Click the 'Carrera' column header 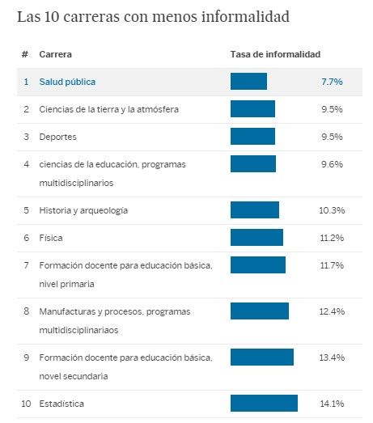[x=55, y=54]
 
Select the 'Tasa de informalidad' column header [x=275, y=54]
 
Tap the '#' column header [x=25, y=54]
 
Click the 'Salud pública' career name [x=66, y=82]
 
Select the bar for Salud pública [x=248, y=82]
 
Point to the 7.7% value [x=332, y=82]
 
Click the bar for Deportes [x=252, y=137]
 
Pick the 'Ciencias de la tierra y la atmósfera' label [x=108, y=109]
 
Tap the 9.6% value [x=332, y=164]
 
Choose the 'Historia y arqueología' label [x=83, y=210]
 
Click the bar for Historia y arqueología [x=255, y=210]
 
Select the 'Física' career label [x=50, y=238]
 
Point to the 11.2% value [x=332, y=238]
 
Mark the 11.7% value [x=332, y=265]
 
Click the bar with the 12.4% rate [x=260, y=311]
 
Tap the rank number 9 [x=26, y=357]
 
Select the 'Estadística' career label [x=61, y=403]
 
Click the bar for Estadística [x=264, y=403]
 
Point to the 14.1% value [x=332, y=403]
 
